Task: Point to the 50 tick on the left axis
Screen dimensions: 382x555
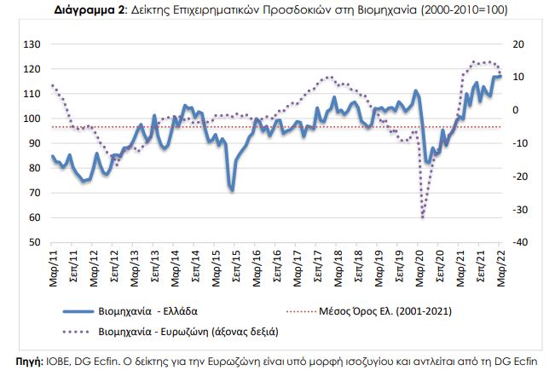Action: point(35,242)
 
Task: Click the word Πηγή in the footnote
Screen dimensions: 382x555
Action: point(19,362)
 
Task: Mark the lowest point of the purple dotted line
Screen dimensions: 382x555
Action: point(422,217)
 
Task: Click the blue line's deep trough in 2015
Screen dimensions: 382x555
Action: point(232,189)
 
